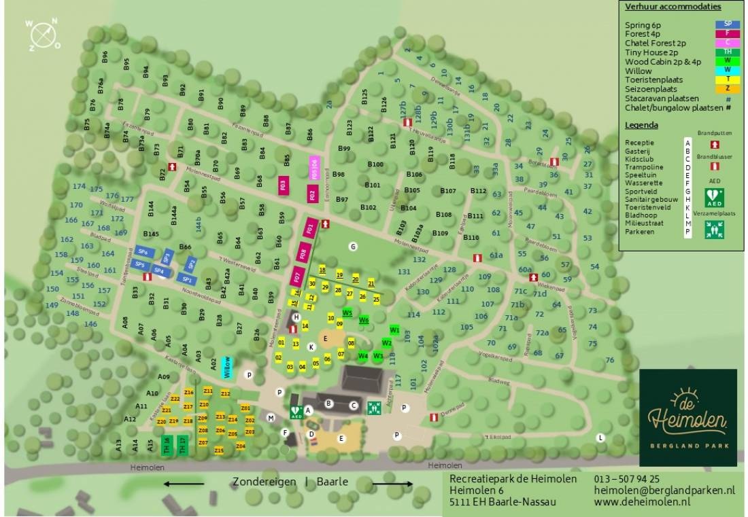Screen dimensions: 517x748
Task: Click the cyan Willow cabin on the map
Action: [227, 366]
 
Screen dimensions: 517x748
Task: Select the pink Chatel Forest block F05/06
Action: [313, 167]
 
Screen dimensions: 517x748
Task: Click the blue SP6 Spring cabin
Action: [142, 252]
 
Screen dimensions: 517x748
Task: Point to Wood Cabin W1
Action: [394, 330]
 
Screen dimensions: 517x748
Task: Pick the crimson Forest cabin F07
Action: [297, 277]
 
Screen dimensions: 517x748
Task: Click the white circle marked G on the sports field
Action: [353, 247]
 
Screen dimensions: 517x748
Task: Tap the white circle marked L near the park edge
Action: [600, 438]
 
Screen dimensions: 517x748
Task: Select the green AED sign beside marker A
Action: [296, 411]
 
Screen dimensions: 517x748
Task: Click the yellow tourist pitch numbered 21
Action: [371, 283]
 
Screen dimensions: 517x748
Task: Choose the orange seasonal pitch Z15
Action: [218, 450]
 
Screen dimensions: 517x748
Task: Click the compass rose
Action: [43, 33]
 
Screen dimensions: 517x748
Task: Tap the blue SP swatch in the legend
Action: [727, 24]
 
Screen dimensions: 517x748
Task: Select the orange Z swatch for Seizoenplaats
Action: [727, 89]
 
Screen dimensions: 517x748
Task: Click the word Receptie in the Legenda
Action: [639, 142]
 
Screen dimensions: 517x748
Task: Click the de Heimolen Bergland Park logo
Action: [688, 417]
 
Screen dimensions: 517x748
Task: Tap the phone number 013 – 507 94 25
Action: [626, 479]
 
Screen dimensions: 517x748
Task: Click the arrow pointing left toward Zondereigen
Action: [184, 484]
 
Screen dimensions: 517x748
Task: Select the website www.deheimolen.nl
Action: [642, 501]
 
